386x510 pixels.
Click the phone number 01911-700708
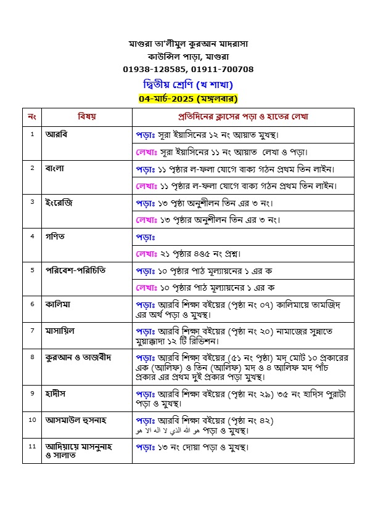pyautogui.click(x=222, y=69)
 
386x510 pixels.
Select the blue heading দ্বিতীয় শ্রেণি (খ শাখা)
pyautogui.click(x=188, y=84)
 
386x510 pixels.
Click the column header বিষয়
pyautogui.click(x=86, y=116)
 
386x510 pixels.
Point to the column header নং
pyautogui.click(x=32, y=116)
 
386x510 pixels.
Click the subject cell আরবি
pyautogui.click(x=56, y=134)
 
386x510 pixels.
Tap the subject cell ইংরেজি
pyautogui.click(x=59, y=201)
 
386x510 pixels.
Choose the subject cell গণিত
pyautogui.click(x=55, y=236)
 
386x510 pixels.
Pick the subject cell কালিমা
pyautogui.click(x=59, y=304)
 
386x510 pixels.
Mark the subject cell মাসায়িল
pyautogui.click(x=60, y=330)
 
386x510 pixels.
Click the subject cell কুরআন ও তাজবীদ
pyautogui.click(x=78, y=357)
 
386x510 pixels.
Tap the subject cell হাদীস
pyautogui.click(x=56, y=392)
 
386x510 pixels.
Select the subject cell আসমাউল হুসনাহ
pyautogui.click(x=76, y=419)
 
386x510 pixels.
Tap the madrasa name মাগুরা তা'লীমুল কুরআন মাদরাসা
pyautogui.click(x=188, y=44)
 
